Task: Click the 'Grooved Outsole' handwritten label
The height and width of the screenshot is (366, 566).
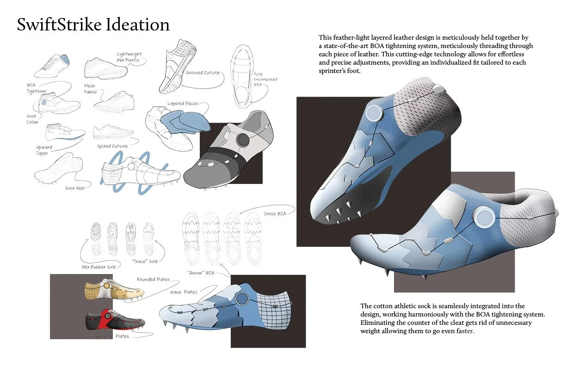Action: click(203, 73)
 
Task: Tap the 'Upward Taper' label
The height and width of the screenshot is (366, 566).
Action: click(44, 150)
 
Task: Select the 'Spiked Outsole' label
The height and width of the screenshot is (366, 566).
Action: click(111, 146)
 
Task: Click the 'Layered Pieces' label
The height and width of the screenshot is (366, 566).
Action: click(183, 104)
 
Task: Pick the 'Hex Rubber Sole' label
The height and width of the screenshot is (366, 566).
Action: click(99, 267)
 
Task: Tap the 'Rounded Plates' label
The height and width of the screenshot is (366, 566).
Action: click(153, 279)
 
